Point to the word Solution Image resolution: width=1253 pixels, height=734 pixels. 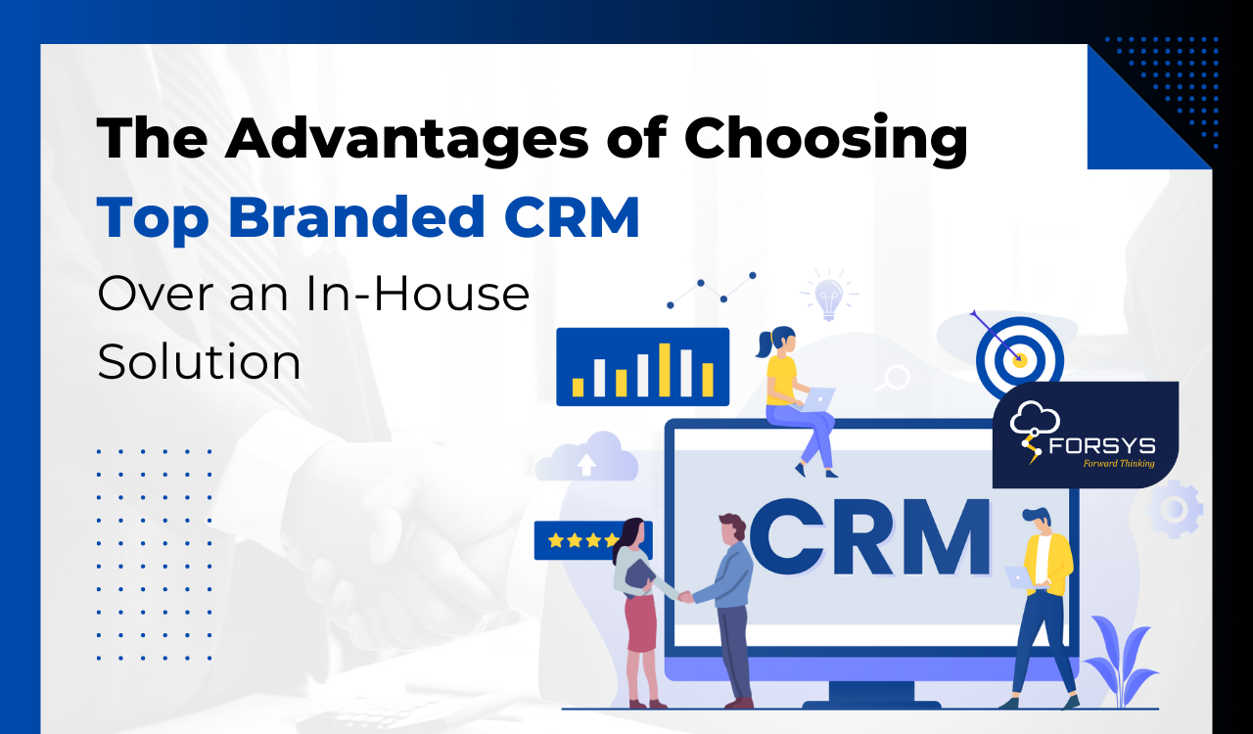pyautogui.click(x=199, y=362)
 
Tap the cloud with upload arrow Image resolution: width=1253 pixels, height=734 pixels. pyautogui.click(x=587, y=458)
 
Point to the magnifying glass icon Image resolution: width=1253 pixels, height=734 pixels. pyautogui.click(x=893, y=377)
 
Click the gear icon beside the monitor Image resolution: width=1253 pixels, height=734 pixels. pyautogui.click(x=1175, y=509)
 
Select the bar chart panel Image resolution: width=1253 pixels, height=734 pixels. pyautogui.click(x=642, y=367)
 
